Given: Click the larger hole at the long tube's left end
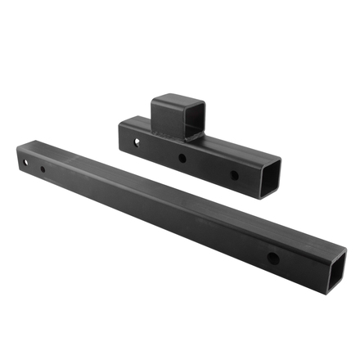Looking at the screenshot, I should coord(26,162).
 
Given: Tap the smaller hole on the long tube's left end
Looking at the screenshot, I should coord(43,169).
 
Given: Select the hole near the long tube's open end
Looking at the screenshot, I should coord(272,259).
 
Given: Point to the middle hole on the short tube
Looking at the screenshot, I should coord(182,158).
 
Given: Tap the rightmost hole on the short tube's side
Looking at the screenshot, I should coord(234,175).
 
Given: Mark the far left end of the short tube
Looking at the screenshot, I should coord(120,131).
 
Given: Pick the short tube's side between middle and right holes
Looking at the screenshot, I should coord(209,167).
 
